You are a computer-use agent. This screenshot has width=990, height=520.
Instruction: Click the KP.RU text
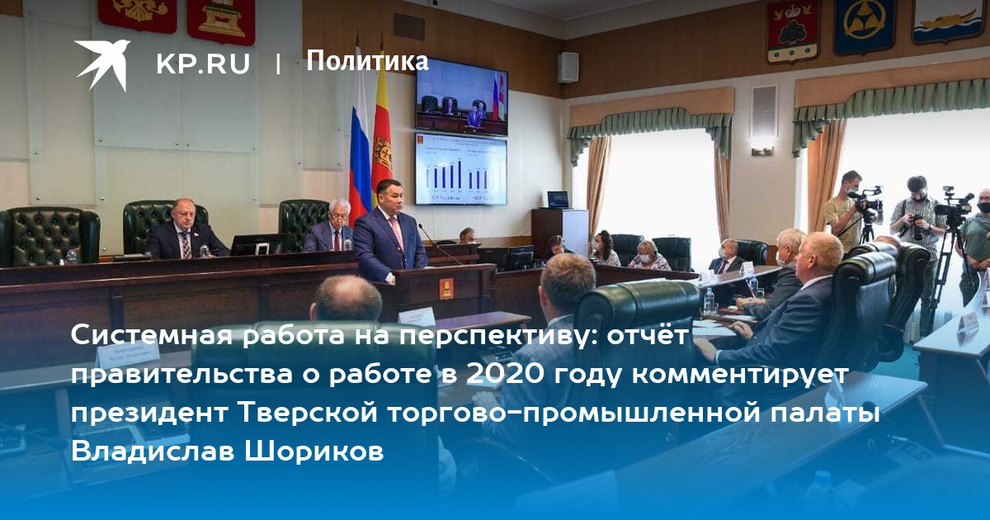point(203,64)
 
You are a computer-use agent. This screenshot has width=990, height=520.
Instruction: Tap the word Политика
point(367,61)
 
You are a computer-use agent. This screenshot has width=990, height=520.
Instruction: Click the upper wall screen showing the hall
point(461,97)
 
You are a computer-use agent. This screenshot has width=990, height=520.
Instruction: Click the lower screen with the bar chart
point(461,169)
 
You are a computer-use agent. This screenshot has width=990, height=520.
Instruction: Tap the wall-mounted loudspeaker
point(568,67)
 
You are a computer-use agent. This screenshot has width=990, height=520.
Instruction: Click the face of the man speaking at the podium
point(392,196)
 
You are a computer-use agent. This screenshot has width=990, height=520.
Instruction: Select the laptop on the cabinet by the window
point(558,200)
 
